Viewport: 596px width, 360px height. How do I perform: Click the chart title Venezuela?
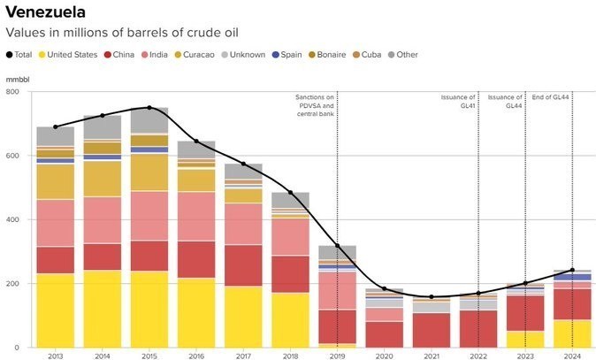[x=46, y=12]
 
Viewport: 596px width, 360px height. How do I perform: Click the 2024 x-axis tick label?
[x=572, y=356]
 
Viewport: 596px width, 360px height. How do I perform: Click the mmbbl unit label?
[x=17, y=79]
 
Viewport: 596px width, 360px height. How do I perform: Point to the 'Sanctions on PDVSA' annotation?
[x=315, y=104]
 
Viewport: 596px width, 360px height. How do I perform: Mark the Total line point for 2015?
[x=149, y=108]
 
